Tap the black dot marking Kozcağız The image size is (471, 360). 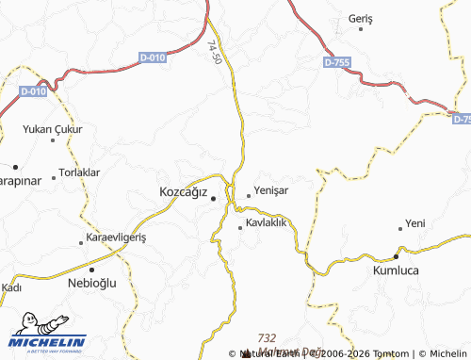coord(214,199)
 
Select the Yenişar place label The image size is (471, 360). coord(272,188)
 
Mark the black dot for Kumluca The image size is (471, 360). coord(397,256)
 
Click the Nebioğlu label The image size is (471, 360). coord(93,283)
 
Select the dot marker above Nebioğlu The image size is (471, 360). coord(92,269)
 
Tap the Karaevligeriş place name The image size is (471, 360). coord(117,237)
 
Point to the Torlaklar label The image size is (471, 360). coord(79,172)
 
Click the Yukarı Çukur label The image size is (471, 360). coord(54,129)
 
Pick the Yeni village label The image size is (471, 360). coord(415,223)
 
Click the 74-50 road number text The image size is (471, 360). coord(216,52)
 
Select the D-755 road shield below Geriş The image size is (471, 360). coord(337,61)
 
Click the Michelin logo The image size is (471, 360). coord(48,340)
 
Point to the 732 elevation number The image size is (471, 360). coord(267,337)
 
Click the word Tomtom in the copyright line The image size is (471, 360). coord(390,353)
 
